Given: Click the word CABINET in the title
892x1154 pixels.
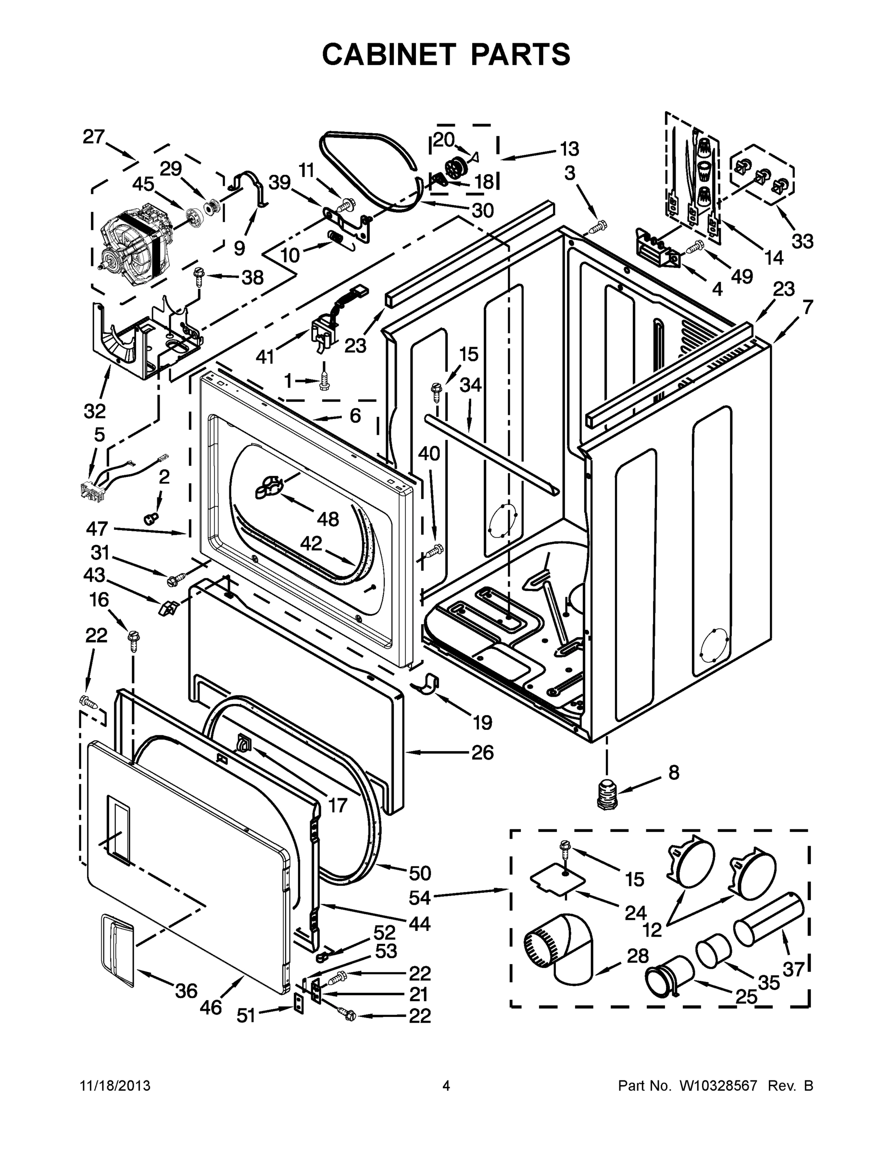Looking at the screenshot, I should (389, 54).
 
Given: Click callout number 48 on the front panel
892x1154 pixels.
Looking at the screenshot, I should (327, 519).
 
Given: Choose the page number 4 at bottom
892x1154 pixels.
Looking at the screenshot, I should (445, 1086).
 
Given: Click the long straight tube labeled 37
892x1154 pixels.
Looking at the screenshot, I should (769, 919).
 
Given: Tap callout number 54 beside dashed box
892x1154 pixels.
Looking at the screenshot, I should (420, 897).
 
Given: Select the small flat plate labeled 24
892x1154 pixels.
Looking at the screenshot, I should (558, 881).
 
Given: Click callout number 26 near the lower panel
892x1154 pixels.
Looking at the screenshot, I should (482, 753).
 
